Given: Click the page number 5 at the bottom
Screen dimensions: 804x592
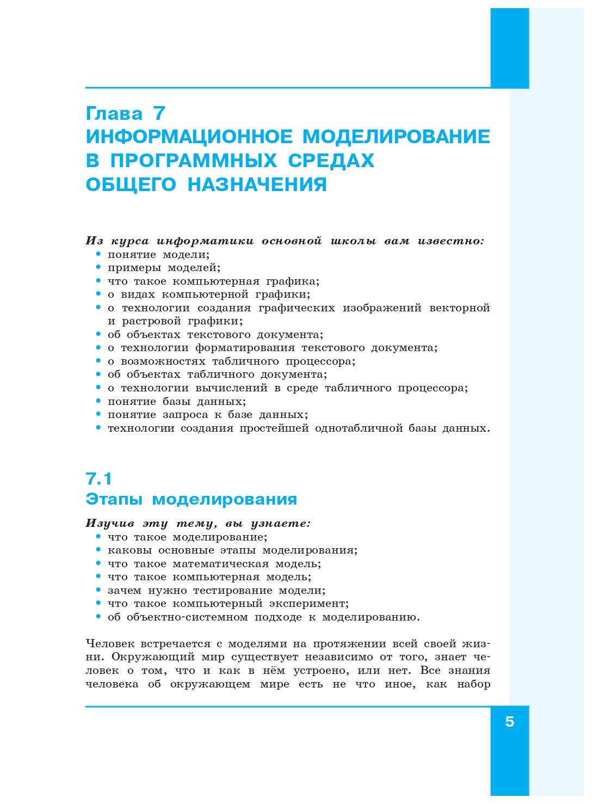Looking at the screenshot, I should coord(509,722).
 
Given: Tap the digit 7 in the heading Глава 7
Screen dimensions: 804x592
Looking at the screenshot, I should coord(159,113).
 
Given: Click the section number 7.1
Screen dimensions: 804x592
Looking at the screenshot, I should coord(99,478).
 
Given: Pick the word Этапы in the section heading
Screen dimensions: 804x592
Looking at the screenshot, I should coord(114,499).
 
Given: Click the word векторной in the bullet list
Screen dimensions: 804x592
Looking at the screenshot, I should coord(459,308).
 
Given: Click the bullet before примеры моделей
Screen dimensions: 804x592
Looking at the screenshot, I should coord(98,267).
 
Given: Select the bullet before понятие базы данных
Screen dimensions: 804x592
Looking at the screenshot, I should coord(98,401).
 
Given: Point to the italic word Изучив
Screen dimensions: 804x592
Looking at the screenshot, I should coord(110,524).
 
